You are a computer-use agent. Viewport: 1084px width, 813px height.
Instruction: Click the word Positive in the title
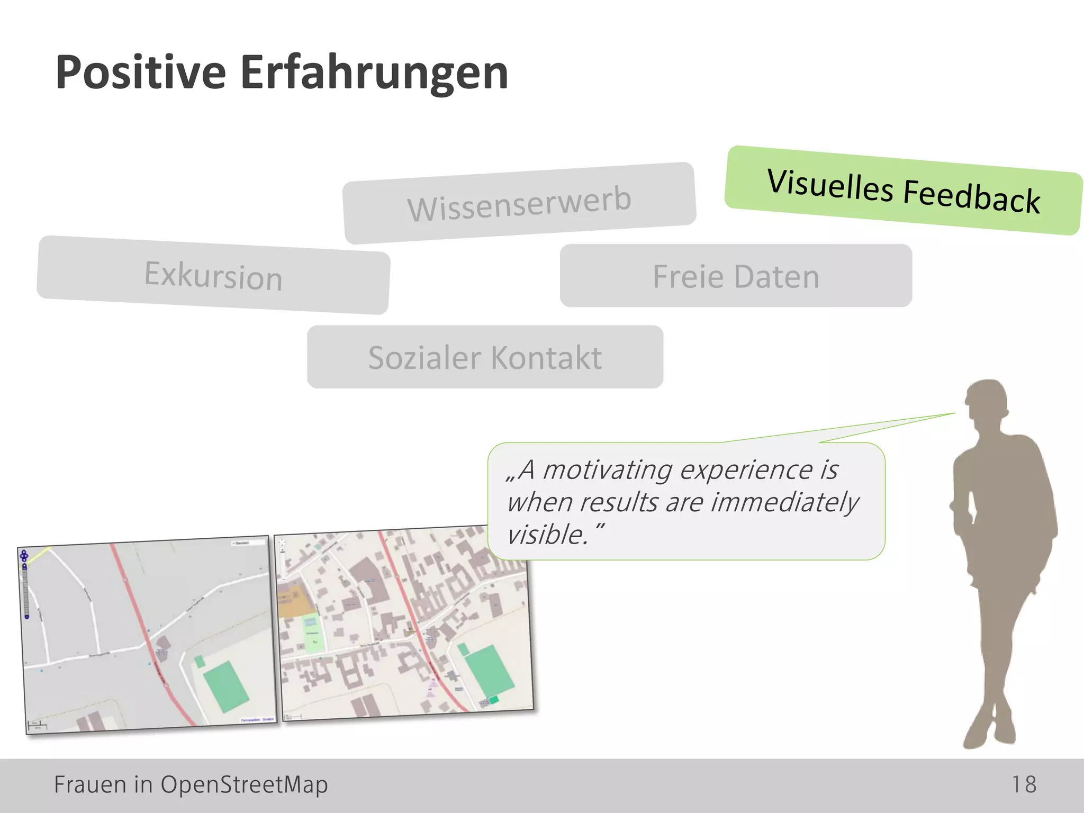point(141,73)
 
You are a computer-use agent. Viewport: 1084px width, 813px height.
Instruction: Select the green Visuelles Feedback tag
point(904,191)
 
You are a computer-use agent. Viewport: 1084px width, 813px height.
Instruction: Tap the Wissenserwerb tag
point(519,203)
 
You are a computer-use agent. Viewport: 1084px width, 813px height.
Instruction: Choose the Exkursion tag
point(213,275)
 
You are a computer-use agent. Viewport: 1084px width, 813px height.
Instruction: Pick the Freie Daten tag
point(736,276)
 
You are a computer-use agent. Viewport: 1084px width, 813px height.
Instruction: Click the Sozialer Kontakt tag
point(485,357)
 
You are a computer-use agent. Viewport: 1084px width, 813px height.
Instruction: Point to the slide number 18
point(1024,784)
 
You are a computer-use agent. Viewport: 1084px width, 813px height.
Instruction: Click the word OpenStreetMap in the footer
point(244,784)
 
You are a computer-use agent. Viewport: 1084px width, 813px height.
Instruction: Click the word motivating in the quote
point(607,469)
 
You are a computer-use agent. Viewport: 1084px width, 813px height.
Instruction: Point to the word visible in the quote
point(546,535)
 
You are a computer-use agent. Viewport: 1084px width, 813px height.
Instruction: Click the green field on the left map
point(226,687)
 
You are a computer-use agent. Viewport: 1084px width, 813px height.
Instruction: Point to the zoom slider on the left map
point(25,590)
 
